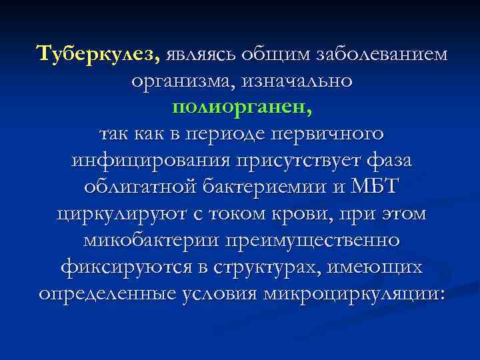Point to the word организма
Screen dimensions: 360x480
174,81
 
